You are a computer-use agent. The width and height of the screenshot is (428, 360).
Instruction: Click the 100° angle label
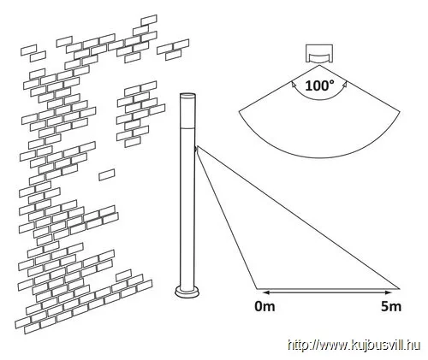pos(319,86)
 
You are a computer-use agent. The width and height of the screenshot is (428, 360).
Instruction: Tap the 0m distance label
pos(265,306)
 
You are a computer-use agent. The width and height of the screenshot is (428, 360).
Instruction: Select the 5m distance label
pos(391,306)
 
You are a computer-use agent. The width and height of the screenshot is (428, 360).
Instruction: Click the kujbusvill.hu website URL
pos(354,345)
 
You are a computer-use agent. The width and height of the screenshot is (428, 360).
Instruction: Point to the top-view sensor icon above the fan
pos(319,53)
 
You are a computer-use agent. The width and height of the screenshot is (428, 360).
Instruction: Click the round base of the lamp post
pos(187,292)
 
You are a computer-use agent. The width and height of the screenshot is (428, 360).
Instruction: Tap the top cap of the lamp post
pos(187,95)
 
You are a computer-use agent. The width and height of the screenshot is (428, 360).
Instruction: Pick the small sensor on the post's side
pos(197,149)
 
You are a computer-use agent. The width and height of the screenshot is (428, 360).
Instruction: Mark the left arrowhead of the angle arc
pos(294,84)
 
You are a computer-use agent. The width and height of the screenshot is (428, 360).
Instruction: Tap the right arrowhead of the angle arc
pos(345,84)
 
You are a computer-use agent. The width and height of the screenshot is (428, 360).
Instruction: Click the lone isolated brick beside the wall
pos(107,174)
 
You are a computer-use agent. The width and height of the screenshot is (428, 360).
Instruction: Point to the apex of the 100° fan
pos(319,65)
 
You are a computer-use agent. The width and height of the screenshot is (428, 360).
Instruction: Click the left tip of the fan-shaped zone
pos(239,112)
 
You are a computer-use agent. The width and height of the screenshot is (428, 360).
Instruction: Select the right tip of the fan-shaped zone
pos(400,112)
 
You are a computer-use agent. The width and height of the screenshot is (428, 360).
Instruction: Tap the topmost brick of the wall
pos(149,20)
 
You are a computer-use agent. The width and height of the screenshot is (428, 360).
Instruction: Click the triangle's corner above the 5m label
pos(398,289)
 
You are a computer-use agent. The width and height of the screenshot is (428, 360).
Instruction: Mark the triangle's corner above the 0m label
pos(257,289)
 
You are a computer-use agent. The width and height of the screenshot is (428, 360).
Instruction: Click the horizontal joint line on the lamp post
pos(187,128)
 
